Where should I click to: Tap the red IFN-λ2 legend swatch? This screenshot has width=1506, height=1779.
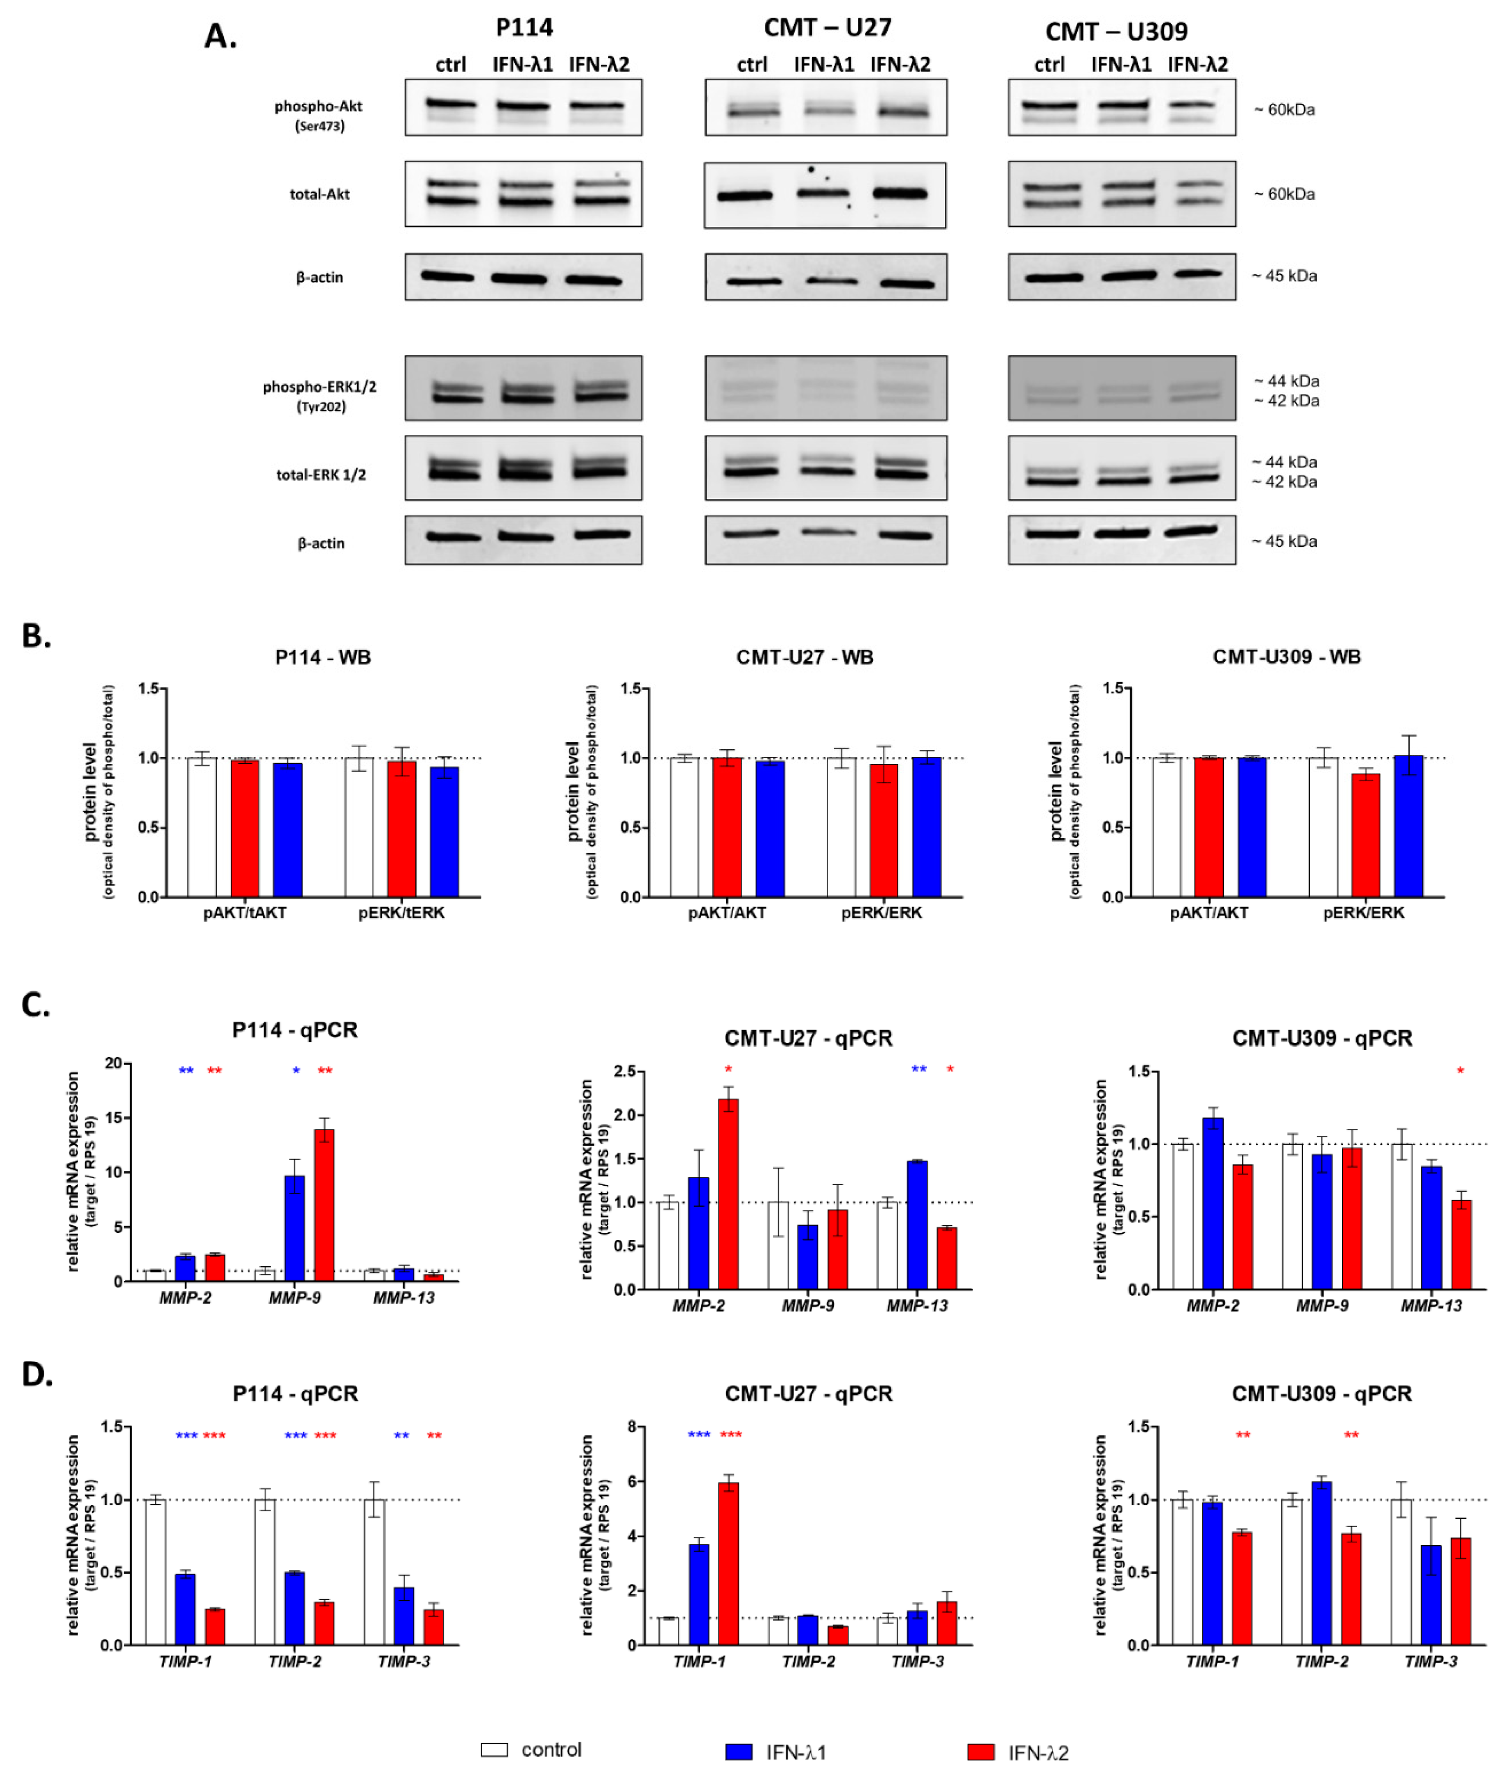pos(980,1752)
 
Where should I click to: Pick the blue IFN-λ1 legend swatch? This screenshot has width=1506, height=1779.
pos(738,1752)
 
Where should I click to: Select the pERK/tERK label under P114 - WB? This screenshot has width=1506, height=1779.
pos(401,913)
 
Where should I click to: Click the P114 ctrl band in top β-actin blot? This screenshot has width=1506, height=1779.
pos(447,277)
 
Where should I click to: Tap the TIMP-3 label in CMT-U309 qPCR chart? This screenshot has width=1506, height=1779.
pos(1431,1661)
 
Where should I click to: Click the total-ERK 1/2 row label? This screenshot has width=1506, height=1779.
pos(321,475)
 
